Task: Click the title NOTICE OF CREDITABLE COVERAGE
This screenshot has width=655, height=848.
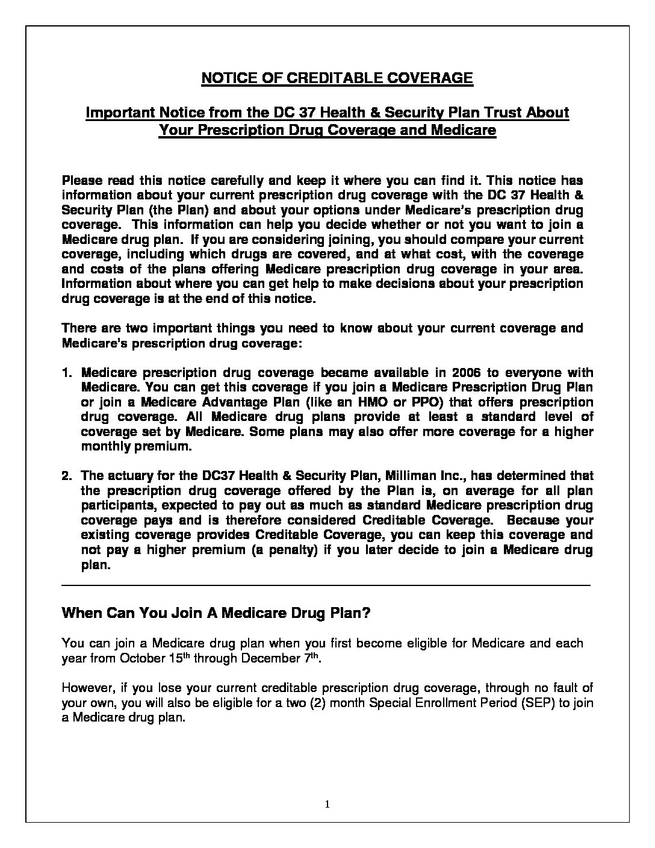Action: (x=337, y=78)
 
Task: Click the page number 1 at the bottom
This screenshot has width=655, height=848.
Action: (x=327, y=804)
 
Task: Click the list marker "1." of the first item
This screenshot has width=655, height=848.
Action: (x=68, y=373)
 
